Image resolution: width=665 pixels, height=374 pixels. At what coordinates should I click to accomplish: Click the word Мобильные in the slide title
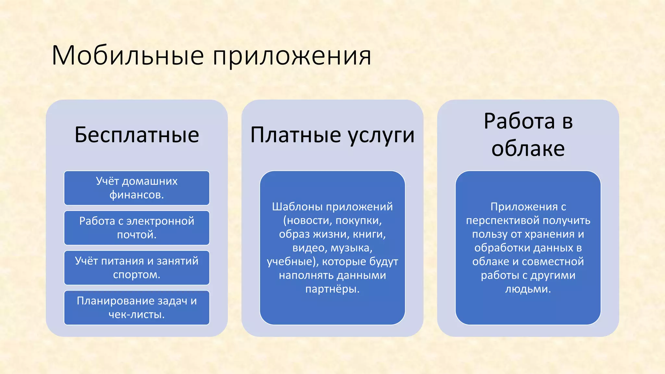(x=127, y=56)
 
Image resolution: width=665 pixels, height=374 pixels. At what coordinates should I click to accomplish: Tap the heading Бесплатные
(x=137, y=135)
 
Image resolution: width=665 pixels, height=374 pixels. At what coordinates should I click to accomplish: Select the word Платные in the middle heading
(x=295, y=135)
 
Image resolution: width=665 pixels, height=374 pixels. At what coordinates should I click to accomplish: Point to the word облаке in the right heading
(x=528, y=149)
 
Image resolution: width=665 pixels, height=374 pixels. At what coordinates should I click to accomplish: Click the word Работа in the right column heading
(x=519, y=121)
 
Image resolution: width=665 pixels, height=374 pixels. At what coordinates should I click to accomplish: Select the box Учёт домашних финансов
(x=137, y=188)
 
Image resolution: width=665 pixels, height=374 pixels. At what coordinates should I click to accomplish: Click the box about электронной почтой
(x=137, y=228)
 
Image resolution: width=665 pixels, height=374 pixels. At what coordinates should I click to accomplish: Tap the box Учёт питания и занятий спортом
(x=137, y=268)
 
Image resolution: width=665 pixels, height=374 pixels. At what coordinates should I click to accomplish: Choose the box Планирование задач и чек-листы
(x=137, y=308)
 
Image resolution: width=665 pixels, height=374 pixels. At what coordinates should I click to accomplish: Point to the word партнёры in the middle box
(x=332, y=289)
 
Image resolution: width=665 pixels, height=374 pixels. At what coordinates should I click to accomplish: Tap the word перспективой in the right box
(x=503, y=221)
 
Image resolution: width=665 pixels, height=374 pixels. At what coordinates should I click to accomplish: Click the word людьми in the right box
(x=528, y=289)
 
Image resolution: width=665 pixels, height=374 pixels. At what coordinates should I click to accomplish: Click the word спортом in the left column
(x=136, y=275)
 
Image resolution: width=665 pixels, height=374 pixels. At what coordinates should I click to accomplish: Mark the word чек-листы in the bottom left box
(x=136, y=315)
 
